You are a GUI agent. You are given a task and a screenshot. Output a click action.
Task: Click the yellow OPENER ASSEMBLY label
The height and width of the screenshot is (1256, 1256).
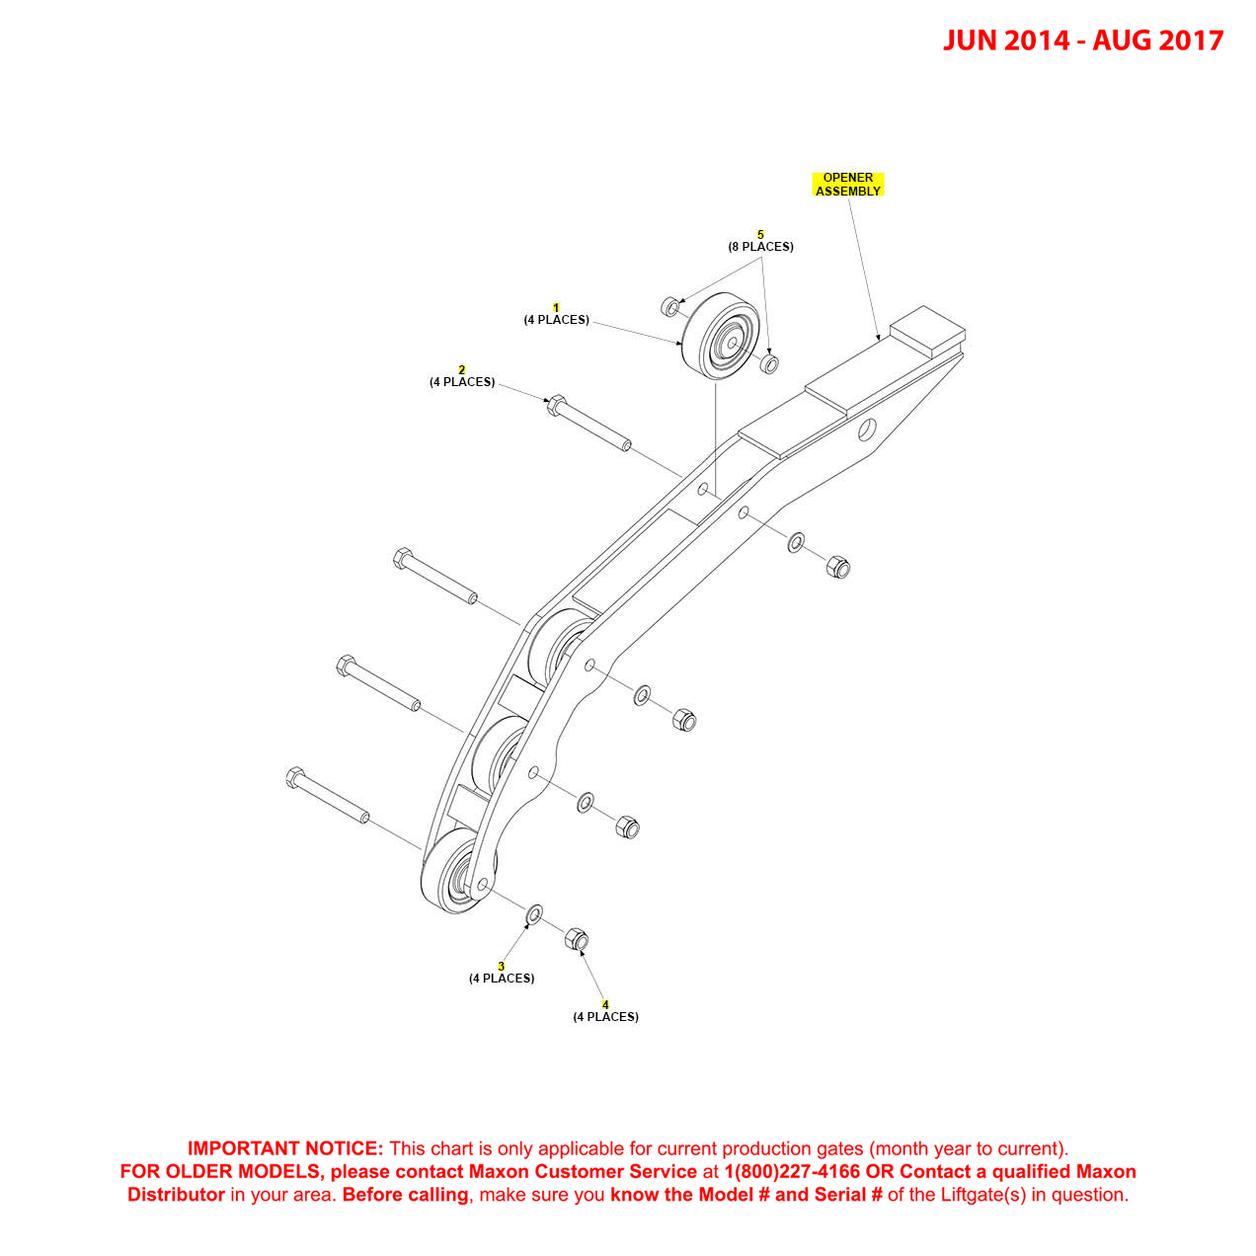[x=847, y=185]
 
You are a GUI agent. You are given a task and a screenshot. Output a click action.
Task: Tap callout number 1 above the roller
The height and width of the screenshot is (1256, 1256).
[x=556, y=308]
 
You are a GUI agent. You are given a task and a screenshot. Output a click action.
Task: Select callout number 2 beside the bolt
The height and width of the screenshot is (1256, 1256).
[x=461, y=370]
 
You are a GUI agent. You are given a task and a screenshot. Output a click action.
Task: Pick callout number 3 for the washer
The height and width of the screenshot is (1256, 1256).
[x=502, y=967]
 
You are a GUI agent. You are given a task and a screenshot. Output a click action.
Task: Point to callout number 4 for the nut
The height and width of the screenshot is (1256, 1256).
[x=605, y=1005]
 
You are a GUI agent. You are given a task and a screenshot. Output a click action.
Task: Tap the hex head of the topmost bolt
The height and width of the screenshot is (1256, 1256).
[x=555, y=406]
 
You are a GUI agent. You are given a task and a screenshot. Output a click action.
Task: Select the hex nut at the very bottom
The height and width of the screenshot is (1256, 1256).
[x=577, y=939]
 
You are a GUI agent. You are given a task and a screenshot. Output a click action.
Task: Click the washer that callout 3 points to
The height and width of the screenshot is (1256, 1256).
[x=534, y=914]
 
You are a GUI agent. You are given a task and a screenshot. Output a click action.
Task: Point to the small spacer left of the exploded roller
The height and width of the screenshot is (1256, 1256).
[x=670, y=306]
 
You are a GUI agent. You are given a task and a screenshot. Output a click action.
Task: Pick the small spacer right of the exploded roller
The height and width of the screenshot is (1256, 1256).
[x=770, y=363]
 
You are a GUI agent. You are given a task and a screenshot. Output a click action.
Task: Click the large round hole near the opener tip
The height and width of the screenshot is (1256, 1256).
[x=867, y=430]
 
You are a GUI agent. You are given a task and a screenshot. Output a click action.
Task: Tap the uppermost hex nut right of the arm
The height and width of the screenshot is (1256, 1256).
[x=838, y=567]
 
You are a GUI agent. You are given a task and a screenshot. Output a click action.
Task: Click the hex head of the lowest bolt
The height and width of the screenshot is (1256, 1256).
[x=294, y=777]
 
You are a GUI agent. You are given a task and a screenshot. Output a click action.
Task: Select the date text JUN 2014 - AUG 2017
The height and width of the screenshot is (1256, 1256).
[x=1082, y=40]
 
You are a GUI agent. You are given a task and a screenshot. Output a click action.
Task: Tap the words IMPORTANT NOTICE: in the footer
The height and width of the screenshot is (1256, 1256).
[x=285, y=1148]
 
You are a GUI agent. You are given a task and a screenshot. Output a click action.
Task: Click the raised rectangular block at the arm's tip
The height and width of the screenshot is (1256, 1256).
[x=928, y=330]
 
